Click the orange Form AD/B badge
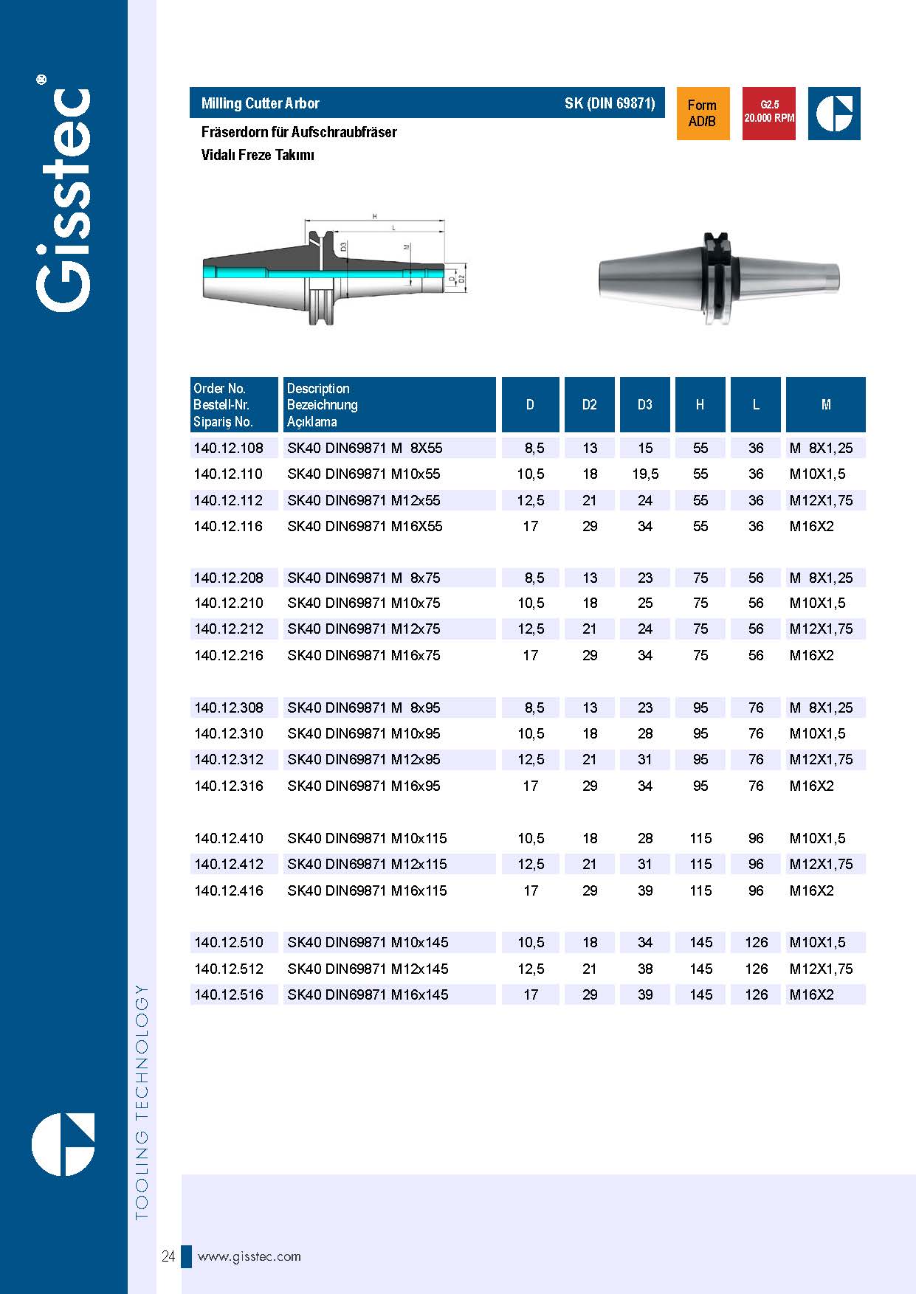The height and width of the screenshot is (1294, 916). (x=703, y=114)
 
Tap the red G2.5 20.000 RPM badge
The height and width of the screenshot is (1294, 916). (x=768, y=114)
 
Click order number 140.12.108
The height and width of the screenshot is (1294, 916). (x=228, y=448)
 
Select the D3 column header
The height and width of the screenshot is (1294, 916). (x=644, y=404)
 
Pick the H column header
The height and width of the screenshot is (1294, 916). (x=700, y=404)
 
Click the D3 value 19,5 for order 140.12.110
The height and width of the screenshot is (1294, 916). (x=645, y=474)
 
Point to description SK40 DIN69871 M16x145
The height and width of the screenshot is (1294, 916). (x=368, y=994)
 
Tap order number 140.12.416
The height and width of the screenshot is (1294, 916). (x=228, y=890)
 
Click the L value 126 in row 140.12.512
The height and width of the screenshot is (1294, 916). (x=756, y=969)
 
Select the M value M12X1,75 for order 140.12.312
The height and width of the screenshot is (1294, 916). (x=821, y=759)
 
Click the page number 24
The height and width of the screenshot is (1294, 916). (x=168, y=1256)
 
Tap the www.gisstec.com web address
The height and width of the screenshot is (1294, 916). (x=249, y=1256)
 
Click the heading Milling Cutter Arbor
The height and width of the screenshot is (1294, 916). (x=260, y=103)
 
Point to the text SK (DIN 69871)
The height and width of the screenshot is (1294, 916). (x=610, y=103)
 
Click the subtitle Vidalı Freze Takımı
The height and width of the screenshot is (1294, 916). (x=258, y=155)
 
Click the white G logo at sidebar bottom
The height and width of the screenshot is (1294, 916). (x=63, y=1144)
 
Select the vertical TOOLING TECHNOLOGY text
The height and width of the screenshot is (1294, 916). (x=142, y=1102)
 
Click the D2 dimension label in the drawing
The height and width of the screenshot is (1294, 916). (x=462, y=279)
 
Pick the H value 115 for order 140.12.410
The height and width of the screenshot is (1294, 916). (x=700, y=838)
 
